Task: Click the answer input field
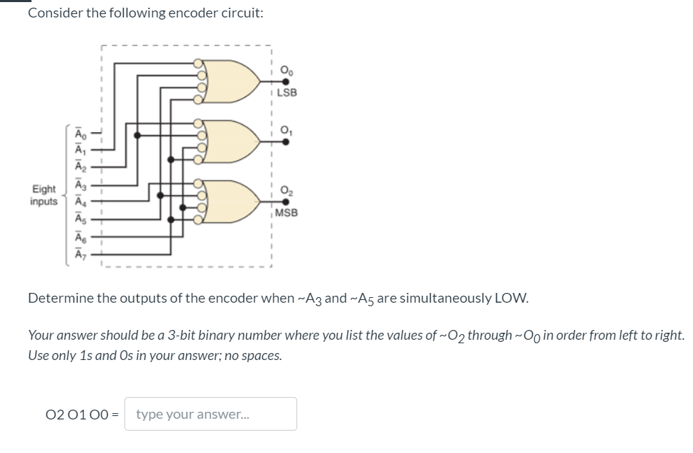[x=210, y=414]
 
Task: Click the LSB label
[x=286, y=93]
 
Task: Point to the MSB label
[x=287, y=212]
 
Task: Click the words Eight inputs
[x=44, y=195]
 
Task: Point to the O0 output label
[x=285, y=69]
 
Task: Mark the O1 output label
[x=285, y=128]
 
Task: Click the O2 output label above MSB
[x=285, y=189]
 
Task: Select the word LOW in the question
[x=511, y=299]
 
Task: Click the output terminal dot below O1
[x=285, y=141]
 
